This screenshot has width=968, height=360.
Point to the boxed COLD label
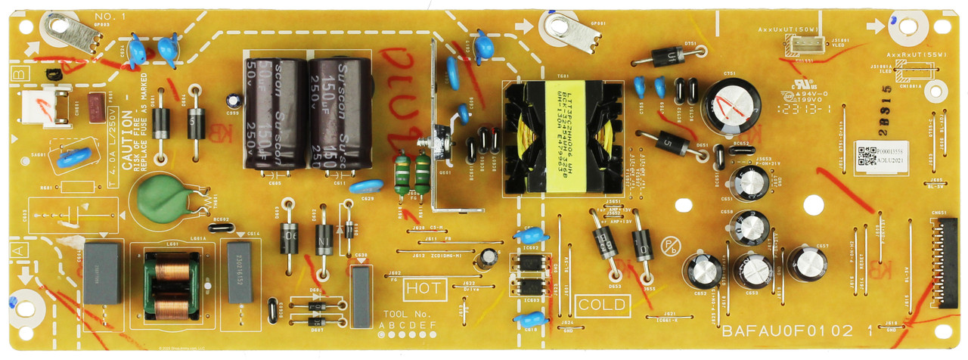pyautogui.click(x=602, y=305)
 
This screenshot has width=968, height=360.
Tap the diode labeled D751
pyautogui.click(x=668, y=55)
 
